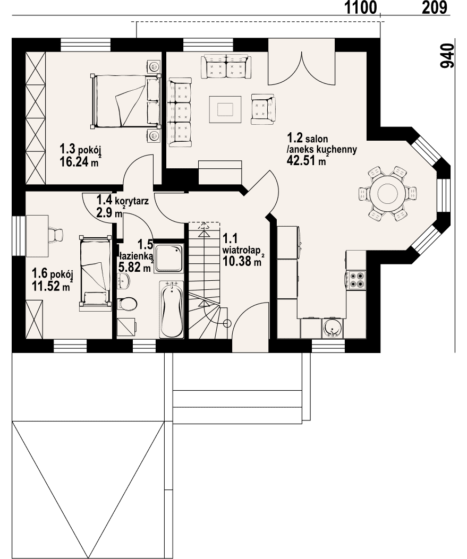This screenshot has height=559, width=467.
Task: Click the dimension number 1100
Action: click(x=361, y=7)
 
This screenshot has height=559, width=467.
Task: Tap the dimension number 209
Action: click(x=435, y=7)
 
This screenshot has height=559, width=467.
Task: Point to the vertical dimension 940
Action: click(x=447, y=56)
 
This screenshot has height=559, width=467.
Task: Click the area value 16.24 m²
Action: click(x=79, y=161)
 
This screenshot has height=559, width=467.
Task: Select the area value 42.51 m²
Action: click(x=307, y=160)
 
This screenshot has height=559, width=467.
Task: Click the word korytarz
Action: click(x=132, y=201)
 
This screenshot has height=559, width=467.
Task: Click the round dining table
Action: click(x=388, y=194)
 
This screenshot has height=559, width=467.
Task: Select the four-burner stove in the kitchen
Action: click(x=355, y=280)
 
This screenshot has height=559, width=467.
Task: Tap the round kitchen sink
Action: click(x=332, y=329)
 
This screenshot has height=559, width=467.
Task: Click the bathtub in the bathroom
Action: click(x=172, y=309)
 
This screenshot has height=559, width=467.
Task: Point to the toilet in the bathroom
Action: click(x=126, y=304)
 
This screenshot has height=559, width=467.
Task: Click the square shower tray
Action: click(x=169, y=259)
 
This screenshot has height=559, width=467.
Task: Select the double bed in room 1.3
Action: click(x=126, y=101)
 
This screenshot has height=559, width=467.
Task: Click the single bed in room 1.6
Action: click(x=95, y=272)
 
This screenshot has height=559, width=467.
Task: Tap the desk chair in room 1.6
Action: click(x=55, y=235)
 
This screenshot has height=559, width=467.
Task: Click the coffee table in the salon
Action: click(x=225, y=109)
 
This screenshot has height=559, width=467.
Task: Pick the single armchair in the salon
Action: click(x=264, y=109)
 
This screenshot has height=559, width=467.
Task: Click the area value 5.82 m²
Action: click(x=134, y=268)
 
